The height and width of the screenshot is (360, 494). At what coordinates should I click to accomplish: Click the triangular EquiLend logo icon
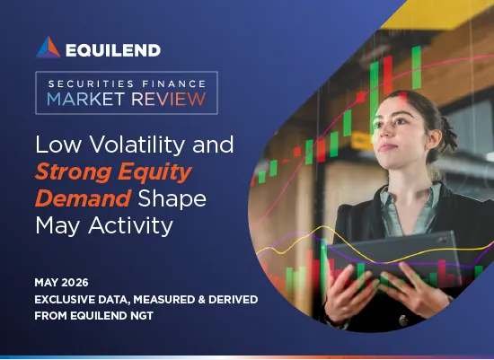[x=49, y=48]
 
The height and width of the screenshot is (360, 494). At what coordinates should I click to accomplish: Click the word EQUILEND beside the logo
[x=113, y=50]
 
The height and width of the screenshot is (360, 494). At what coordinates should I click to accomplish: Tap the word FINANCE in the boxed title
[x=174, y=83]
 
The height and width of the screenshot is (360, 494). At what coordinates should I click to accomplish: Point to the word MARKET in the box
[x=85, y=99]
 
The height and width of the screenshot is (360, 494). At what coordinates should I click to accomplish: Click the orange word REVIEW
[x=169, y=99]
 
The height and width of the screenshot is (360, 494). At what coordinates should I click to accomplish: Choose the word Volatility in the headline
[x=137, y=145]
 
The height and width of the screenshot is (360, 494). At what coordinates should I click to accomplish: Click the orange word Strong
[x=73, y=172]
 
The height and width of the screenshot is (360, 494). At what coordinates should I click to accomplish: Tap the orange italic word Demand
[x=84, y=198]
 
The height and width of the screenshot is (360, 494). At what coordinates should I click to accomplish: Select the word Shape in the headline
[x=172, y=199]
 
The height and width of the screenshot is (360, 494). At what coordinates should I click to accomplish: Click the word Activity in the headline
[x=131, y=226]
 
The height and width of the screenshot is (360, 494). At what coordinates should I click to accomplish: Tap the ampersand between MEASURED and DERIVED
[x=201, y=299]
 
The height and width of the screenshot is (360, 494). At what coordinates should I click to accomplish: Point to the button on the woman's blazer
[x=403, y=320]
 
